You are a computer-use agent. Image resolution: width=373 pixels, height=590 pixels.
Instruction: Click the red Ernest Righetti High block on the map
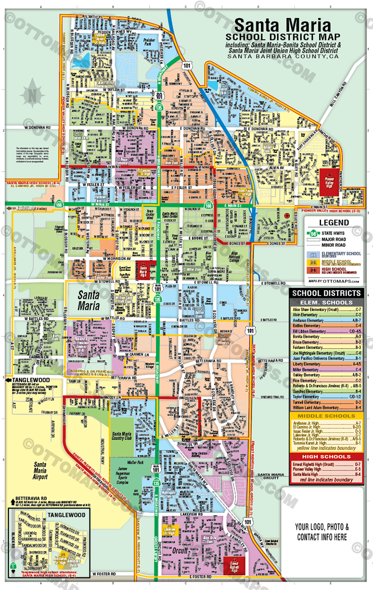[238, 566]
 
